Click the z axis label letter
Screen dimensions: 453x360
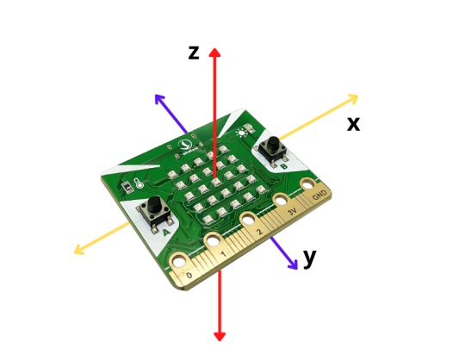coord(194,53)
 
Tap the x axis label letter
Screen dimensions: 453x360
coord(354,124)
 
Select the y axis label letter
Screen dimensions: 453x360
coord(310,258)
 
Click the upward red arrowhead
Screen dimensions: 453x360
coord(214,52)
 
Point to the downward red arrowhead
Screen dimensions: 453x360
coord(220,336)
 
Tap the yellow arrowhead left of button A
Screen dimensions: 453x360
coord(79,250)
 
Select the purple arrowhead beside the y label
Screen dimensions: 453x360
coord(293,264)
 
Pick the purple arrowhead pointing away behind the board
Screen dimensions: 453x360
coord(160,99)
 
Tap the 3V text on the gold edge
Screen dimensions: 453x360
coord(292,212)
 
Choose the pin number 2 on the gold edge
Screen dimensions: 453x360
coord(260,232)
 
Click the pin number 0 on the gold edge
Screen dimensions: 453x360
coord(189,275)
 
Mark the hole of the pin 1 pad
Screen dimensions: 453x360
coord(213,240)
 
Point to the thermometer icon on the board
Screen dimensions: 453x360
coord(138,183)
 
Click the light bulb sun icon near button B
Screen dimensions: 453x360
coord(240,133)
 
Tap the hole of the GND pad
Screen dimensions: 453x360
coord(307,184)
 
